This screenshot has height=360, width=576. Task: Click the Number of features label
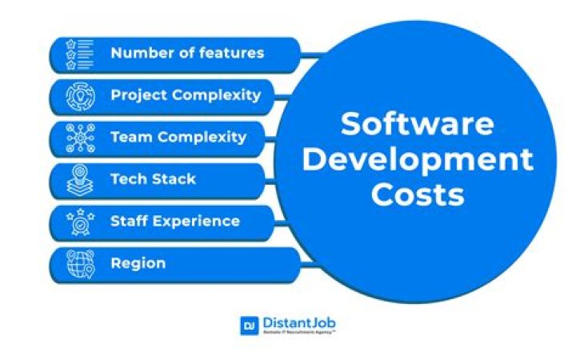click(186, 54)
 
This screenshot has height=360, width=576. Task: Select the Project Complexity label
click(186, 95)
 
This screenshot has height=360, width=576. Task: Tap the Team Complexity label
click(178, 137)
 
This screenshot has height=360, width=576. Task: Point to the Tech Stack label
click(151, 178)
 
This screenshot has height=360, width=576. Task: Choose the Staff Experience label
click(174, 221)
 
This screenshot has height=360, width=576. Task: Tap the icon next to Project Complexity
click(80, 96)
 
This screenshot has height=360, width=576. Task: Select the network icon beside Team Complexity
click(80, 138)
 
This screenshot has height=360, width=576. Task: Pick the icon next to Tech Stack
click(80, 179)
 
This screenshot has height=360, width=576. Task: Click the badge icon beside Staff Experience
click(80, 221)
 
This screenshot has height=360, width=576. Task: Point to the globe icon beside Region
click(80, 263)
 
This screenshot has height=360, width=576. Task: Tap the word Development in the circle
click(417, 159)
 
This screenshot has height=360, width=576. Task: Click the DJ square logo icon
click(249, 325)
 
